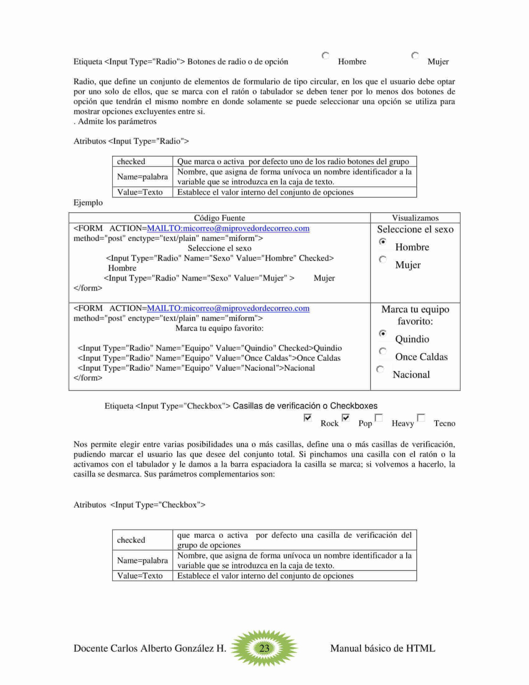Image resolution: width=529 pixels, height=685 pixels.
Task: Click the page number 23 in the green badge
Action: point(264,648)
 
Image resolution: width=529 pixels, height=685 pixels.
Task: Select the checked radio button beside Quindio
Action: point(383,333)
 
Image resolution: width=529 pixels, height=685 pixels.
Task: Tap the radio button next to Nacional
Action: point(380,369)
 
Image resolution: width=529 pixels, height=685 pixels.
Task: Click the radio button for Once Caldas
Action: point(383,351)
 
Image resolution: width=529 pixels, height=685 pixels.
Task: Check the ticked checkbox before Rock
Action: point(307,417)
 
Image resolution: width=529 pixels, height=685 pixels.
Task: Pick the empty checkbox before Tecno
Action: point(421,417)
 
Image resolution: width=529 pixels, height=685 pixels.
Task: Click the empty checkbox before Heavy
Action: point(379,417)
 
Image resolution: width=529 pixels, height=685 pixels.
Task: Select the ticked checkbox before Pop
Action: point(345,417)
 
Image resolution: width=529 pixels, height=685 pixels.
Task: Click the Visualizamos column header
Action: point(415,218)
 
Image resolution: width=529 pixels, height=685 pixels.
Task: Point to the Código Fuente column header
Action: point(219,218)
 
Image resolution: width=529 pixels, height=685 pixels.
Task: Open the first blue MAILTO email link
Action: point(228,228)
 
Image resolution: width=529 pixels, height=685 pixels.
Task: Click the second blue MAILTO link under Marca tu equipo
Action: point(228,308)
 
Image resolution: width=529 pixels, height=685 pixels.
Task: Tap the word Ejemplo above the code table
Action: point(88,203)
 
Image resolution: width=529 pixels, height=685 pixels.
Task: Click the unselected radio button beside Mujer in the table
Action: point(383,259)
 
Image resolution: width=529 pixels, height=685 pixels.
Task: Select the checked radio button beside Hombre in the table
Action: point(383,242)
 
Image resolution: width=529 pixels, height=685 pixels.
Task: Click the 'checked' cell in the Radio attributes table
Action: point(131,161)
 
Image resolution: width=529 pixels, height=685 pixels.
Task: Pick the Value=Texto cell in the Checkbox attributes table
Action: point(140,575)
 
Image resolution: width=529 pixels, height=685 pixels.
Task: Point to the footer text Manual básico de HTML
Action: point(382,648)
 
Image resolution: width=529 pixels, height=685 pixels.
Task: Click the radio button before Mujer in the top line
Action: point(415,56)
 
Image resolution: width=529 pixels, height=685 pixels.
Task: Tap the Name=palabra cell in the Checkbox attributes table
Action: point(142,560)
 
